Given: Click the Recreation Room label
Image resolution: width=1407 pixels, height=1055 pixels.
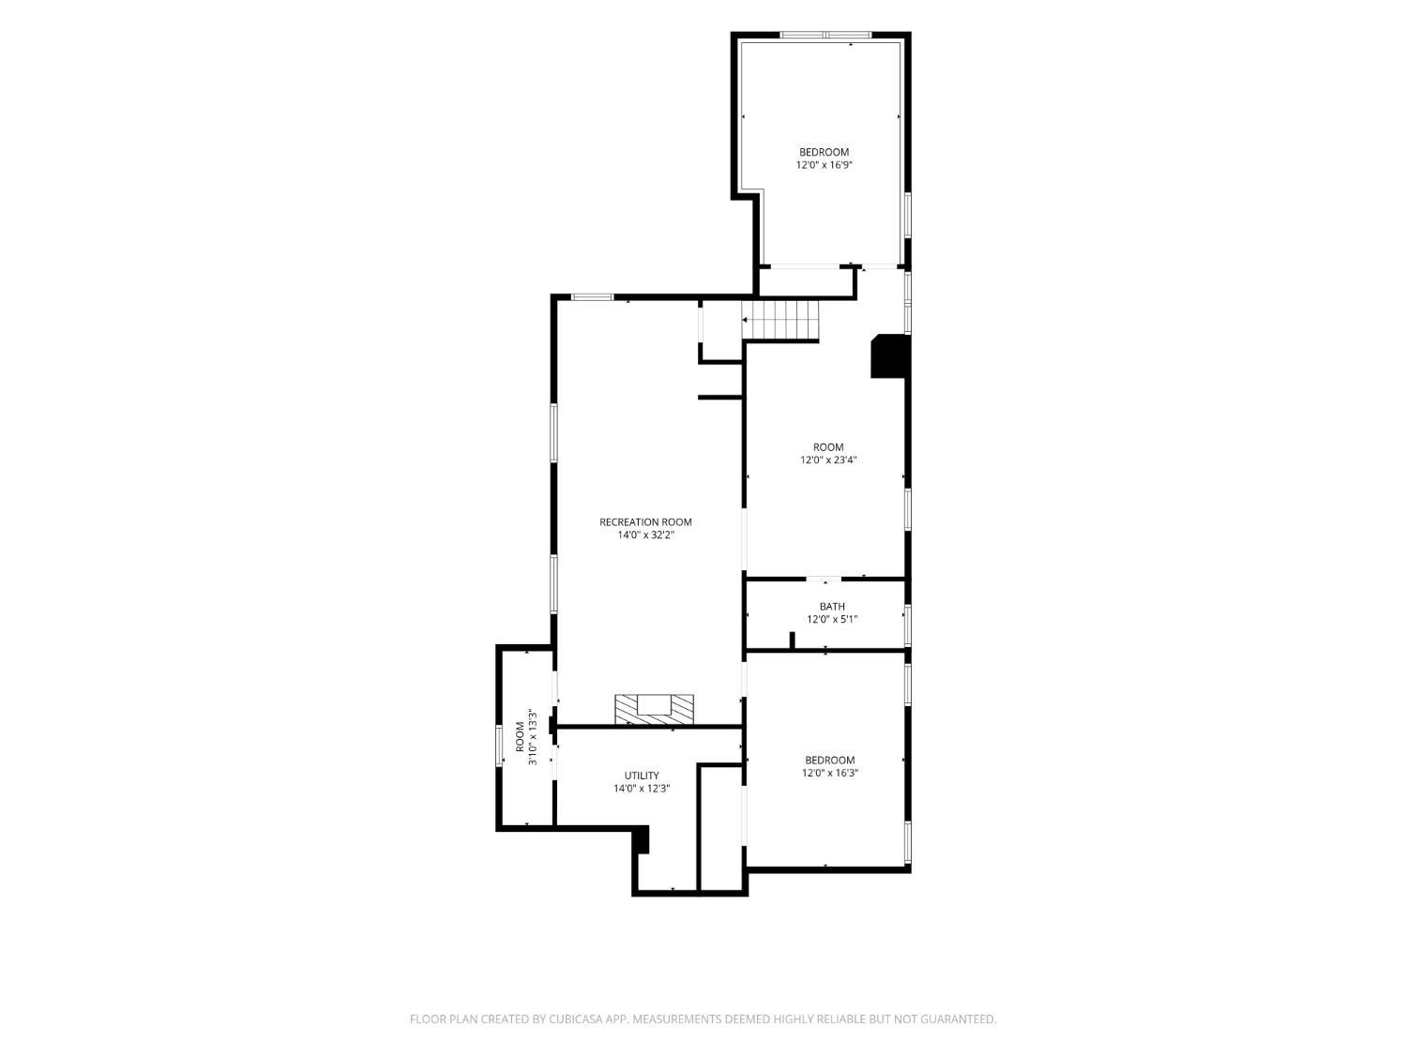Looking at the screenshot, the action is (x=644, y=522).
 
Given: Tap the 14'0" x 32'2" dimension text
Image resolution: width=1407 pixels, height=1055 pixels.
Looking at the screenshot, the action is (x=645, y=535).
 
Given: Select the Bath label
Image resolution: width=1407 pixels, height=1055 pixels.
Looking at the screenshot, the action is (x=831, y=606).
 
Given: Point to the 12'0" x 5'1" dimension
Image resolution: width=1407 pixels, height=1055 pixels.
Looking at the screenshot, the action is (x=831, y=619).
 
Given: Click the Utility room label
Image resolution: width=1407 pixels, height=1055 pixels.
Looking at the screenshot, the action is (x=642, y=776).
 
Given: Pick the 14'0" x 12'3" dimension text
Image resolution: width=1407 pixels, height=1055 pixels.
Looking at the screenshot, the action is (x=642, y=789).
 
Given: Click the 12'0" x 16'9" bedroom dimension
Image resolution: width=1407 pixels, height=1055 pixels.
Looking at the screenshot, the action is (x=824, y=165).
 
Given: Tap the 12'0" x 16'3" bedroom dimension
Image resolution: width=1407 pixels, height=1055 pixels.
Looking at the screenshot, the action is (x=829, y=773).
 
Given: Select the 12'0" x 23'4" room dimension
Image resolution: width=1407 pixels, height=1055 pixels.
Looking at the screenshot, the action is (x=828, y=460).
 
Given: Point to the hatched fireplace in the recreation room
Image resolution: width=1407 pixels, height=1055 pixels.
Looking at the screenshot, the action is (x=654, y=709).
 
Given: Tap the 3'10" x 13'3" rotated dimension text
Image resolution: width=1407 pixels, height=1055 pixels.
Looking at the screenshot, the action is (x=532, y=737).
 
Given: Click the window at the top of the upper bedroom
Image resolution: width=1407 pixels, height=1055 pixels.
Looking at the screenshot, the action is (x=825, y=35).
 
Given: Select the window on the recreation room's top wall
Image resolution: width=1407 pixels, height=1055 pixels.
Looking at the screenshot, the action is (x=592, y=296).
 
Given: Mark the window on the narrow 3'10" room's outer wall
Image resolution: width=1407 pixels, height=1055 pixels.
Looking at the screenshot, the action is (x=499, y=745).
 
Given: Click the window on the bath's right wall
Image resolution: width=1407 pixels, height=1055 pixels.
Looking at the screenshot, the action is (x=907, y=624).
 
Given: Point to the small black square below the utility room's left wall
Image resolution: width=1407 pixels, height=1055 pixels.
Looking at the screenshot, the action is (x=642, y=839).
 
